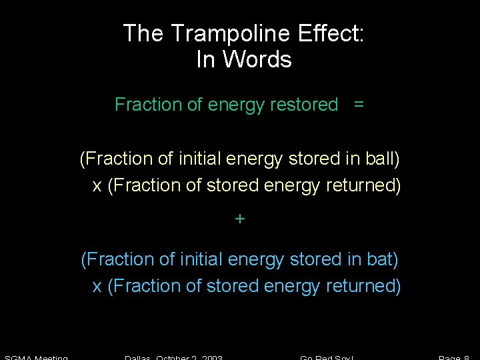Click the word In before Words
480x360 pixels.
point(205,60)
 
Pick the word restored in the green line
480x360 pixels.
point(304,105)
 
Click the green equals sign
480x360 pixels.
point(359,105)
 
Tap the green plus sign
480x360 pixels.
point(240,219)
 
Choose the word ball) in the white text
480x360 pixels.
point(383,159)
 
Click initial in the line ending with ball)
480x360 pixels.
point(200,159)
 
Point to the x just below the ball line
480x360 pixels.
point(97,187)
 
